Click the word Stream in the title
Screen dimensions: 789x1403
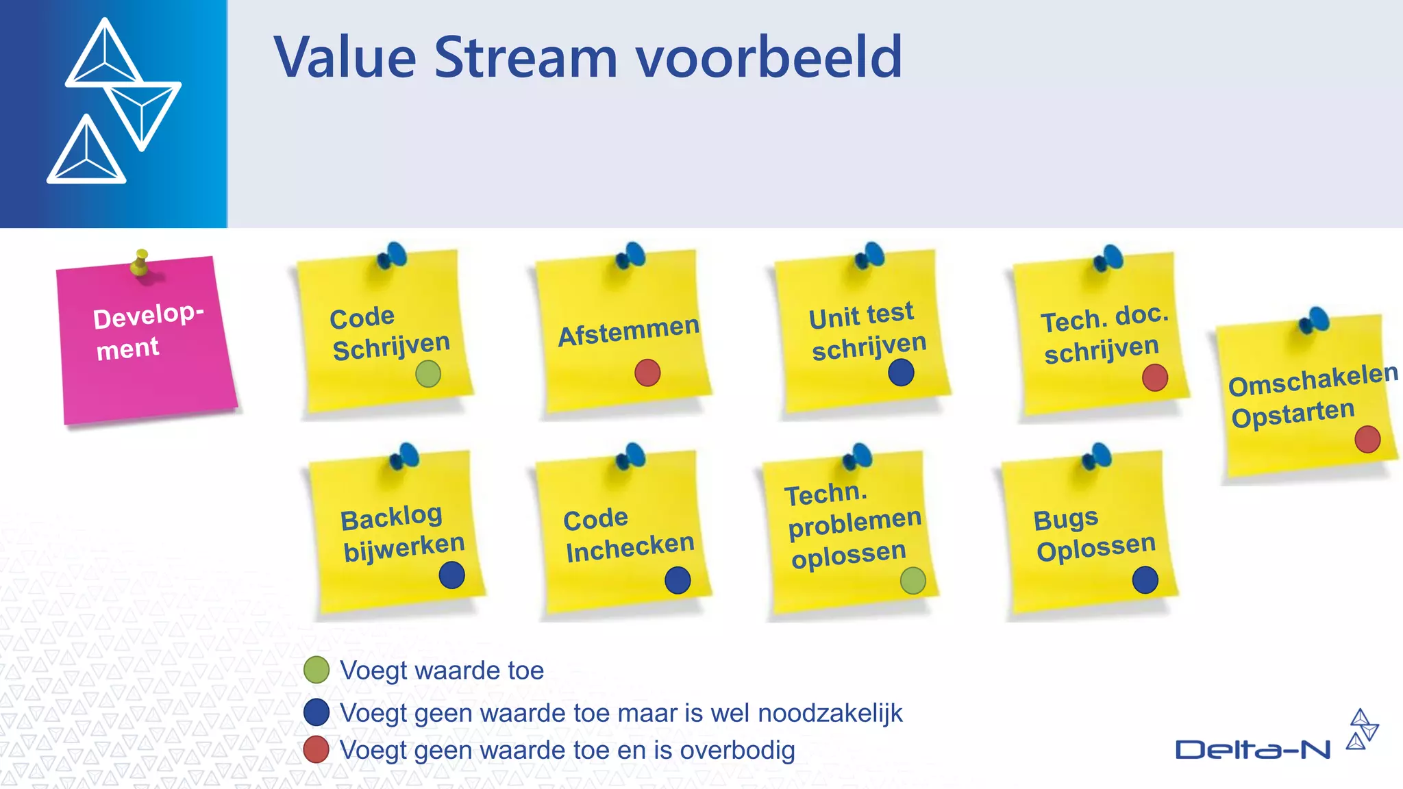[x=525, y=58]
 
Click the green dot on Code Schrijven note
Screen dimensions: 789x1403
[x=428, y=374]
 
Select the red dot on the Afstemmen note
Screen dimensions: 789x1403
[x=647, y=373]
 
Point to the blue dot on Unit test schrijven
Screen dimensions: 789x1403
[x=901, y=373]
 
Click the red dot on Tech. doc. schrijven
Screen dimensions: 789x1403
[x=1155, y=377]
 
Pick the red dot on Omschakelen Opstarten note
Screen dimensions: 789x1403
[x=1367, y=439]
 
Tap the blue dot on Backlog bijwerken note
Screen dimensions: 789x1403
[x=452, y=575]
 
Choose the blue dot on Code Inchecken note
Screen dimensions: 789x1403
[x=678, y=580]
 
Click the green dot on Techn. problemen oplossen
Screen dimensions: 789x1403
[x=913, y=581]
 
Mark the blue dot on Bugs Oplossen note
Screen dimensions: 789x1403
[x=1145, y=580]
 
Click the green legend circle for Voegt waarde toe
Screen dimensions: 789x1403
[x=316, y=670]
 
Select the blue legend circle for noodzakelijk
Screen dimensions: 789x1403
[x=316, y=712]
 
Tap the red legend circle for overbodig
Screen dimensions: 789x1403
[x=316, y=750]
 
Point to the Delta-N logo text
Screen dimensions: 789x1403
[x=1252, y=750]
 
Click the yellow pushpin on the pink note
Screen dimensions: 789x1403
[x=140, y=262]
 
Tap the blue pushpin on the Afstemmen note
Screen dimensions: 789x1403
[x=631, y=255]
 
